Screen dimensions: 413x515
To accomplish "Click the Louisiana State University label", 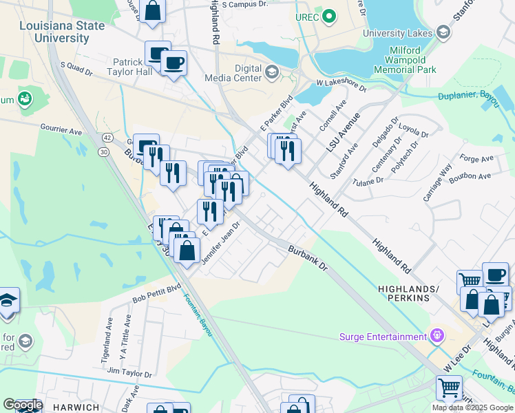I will [x=53, y=32].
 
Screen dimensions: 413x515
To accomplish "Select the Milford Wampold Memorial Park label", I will [x=405, y=61].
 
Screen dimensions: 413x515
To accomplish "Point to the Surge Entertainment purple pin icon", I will [x=436, y=336].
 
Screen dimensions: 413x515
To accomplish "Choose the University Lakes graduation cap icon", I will [x=443, y=32].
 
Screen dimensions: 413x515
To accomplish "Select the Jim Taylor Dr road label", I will [x=129, y=372].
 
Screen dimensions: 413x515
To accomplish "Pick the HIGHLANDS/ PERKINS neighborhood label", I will [x=403, y=293].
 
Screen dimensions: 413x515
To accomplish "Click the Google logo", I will [x=23, y=405].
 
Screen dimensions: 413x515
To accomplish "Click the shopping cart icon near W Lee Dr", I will [x=449, y=387].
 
